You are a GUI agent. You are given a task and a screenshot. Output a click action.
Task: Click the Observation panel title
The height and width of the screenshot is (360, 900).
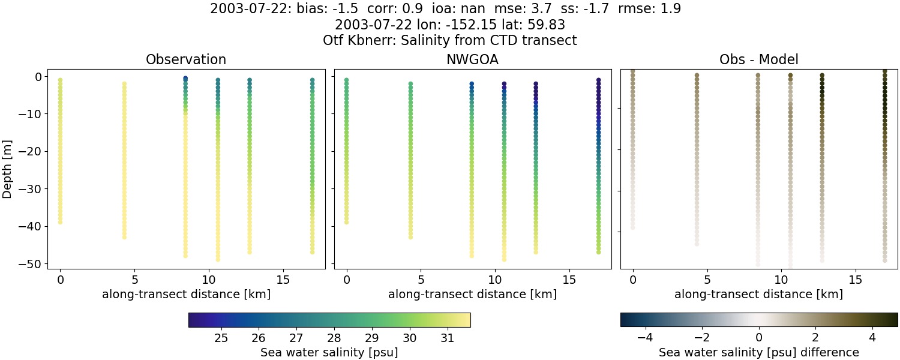[186, 60]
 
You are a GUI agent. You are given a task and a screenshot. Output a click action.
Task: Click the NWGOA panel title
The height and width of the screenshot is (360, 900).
[472, 60]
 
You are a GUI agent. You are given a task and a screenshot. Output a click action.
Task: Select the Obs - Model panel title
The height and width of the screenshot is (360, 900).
[758, 60]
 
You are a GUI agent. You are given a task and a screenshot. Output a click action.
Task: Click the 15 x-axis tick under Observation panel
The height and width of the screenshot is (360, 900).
[283, 280]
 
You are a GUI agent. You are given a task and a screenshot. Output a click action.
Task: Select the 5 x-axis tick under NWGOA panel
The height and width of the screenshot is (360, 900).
[421, 280]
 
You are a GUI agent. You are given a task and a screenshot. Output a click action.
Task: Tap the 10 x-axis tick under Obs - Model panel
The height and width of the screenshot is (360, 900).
[781, 280]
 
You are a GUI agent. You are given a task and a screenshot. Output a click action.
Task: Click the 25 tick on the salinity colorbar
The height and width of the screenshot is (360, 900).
[221, 338]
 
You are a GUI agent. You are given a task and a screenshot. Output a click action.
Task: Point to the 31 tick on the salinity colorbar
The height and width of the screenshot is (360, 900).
[447, 338]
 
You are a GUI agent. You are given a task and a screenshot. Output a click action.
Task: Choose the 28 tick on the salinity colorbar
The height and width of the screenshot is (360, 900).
[334, 338]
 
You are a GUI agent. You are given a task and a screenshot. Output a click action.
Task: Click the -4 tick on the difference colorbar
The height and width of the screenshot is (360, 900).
[645, 338]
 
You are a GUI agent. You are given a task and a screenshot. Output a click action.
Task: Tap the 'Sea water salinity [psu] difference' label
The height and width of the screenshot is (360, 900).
[758, 353]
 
